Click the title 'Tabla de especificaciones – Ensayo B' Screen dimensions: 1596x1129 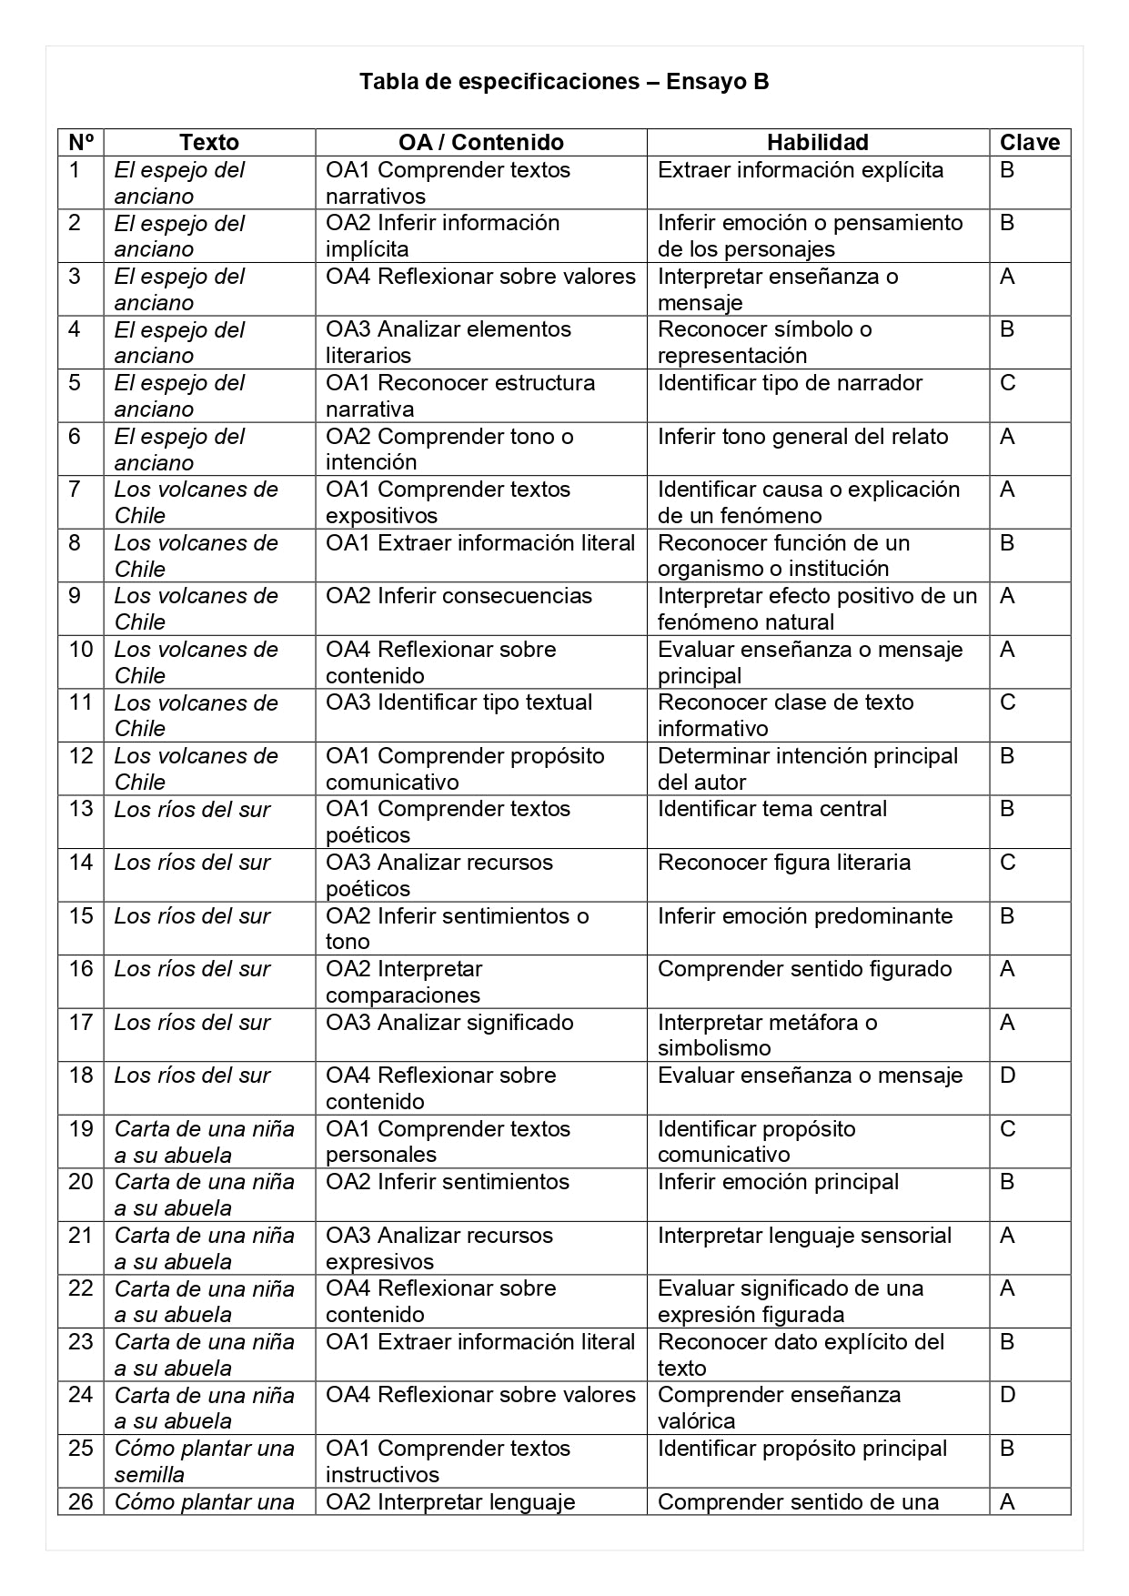(564, 82)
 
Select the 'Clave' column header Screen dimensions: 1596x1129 (1029, 143)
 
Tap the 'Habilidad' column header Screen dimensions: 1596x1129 (817, 143)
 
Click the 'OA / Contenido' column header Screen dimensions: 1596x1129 (480, 143)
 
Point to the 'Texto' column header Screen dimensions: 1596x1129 (209, 143)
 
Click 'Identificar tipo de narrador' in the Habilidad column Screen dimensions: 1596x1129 (790, 383)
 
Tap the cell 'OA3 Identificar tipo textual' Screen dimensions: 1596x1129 (459, 702)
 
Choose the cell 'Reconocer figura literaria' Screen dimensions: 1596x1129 (783, 863)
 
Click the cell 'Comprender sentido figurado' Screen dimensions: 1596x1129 (804, 969)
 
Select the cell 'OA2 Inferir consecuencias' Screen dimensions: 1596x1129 (459, 596)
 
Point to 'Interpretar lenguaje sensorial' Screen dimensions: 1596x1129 (804, 1236)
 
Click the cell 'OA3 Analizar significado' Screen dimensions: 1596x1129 (449, 1023)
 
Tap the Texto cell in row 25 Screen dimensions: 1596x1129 (204, 1460)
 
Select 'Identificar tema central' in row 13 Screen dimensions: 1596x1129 (771, 809)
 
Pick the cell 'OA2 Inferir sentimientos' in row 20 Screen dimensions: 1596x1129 (447, 1182)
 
